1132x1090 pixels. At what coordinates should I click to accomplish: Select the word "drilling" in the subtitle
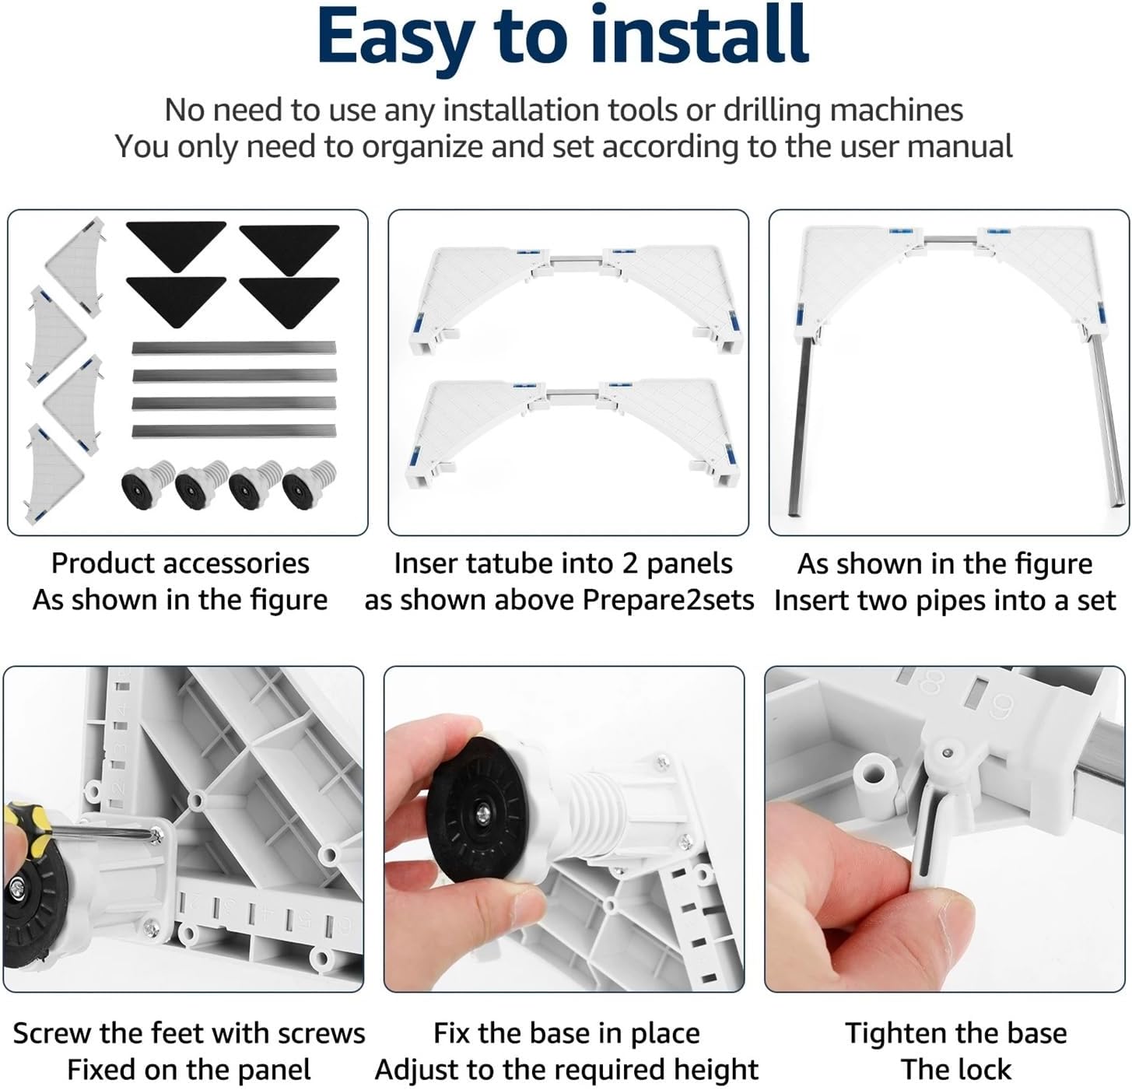tap(773, 110)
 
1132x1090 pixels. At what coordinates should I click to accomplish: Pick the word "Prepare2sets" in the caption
tap(668, 601)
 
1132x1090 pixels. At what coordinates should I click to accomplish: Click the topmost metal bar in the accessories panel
tap(234, 348)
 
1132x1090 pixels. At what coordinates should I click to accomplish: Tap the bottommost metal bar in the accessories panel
tap(234, 432)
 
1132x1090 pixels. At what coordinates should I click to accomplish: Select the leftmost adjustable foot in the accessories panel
tap(148, 484)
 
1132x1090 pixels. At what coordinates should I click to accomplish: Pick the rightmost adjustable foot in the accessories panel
tap(309, 484)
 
